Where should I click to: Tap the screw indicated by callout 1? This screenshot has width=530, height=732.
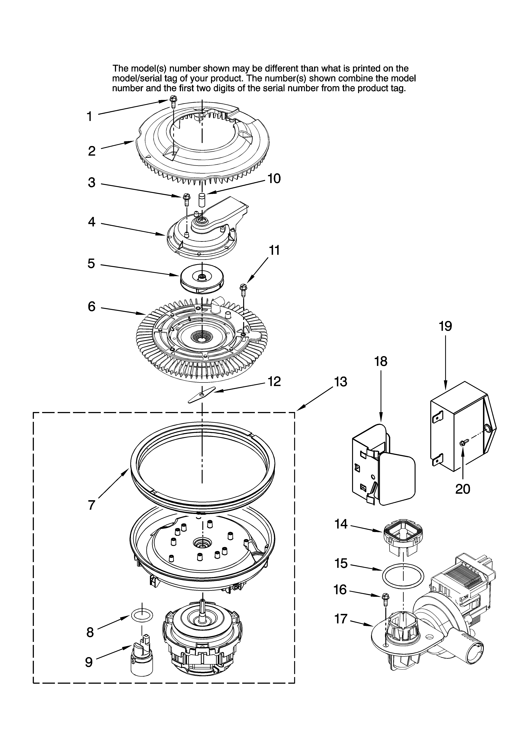[173, 103]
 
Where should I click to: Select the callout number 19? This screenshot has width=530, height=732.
[445, 326]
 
